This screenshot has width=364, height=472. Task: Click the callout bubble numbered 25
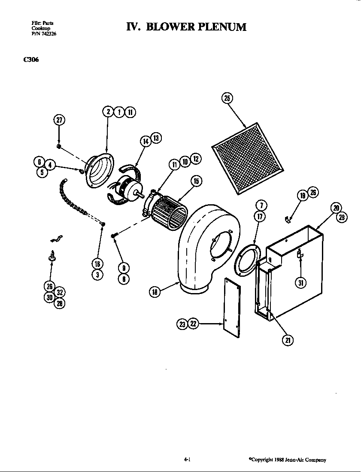tap(227, 98)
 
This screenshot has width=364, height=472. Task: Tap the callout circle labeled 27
tap(59, 120)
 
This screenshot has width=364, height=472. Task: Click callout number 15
tap(196, 181)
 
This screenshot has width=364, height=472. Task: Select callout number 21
tap(287, 340)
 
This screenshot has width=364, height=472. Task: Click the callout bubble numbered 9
tap(124, 267)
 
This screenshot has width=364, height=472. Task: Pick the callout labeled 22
tap(193, 324)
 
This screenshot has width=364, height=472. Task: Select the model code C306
tap(31, 60)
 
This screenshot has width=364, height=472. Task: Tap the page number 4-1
tap(187, 460)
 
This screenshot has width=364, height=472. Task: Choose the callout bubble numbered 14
tap(146, 141)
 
